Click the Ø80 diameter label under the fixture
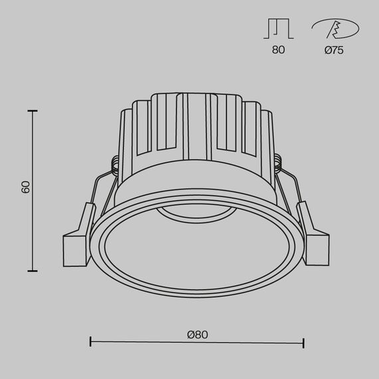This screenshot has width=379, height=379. point(197,334)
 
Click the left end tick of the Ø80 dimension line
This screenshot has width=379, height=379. point(90,343)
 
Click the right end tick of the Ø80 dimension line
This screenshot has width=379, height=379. point(304,343)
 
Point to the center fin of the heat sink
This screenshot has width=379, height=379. point(196,126)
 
